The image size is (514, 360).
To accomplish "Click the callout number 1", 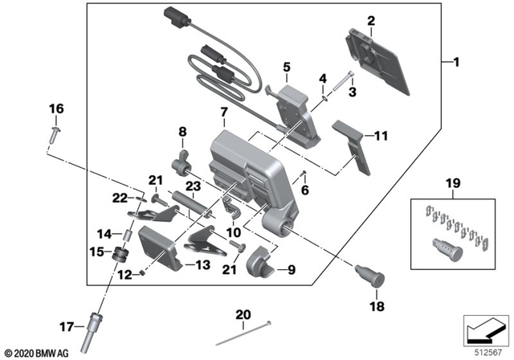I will [458, 62].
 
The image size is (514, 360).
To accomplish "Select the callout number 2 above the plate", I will [371, 19].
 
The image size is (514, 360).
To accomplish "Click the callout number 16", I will [55, 108].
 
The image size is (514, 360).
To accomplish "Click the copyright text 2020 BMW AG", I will [38, 352].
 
